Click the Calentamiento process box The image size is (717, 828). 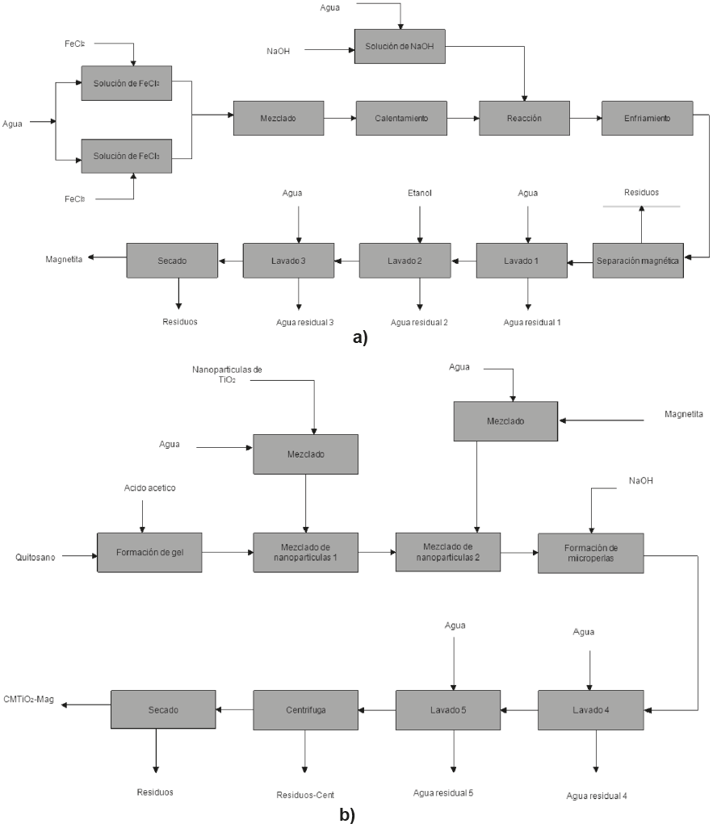pyautogui.click(x=401, y=118)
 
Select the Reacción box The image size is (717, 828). pyautogui.click(x=525, y=118)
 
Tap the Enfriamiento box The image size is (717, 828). pyautogui.click(x=648, y=118)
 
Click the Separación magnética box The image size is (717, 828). pyautogui.click(x=639, y=261)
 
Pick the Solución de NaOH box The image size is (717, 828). pyautogui.click(x=400, y=47)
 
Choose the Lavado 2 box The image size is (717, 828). pyautogui.click(x=405, y=261)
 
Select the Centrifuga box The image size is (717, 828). pyautogui.click(x=305, y=710)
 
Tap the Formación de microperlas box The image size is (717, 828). pyautogui.click(x=591, y=552)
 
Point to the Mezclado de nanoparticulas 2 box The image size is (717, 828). pyautogui.click(x=447, y=552)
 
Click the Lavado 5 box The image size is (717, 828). pyautogui.click(x=447, y=710)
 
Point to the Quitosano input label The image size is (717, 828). pyautogui.click(x=36, y=557)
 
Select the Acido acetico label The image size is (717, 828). pyautogui.click(x=149, y=488)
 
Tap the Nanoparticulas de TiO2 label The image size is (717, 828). pyautogui.click(x=227, y=374)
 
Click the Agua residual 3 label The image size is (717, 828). pyautogui.click(x=304, y=322)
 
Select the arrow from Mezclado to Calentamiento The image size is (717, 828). pyautogui.click(x=340, y=118)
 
